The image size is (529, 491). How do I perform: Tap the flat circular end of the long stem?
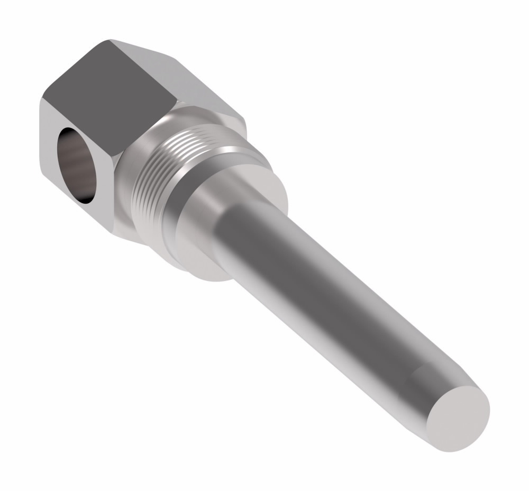[x=458, y=418]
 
